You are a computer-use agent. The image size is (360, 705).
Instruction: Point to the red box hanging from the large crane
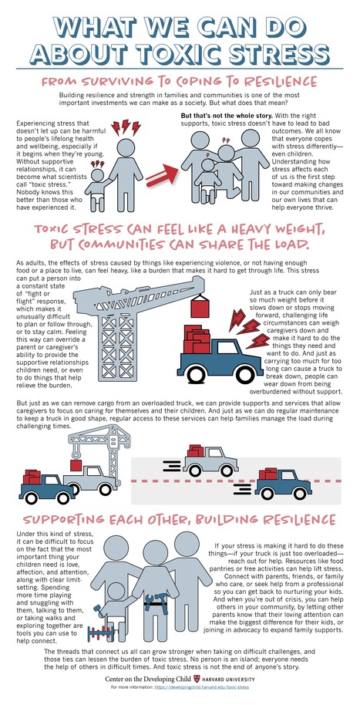point(200,308)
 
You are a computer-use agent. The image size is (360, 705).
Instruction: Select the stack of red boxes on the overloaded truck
point(197,339)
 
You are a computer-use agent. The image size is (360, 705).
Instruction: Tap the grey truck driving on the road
point(210,460)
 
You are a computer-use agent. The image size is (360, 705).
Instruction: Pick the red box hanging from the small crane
point(76,465)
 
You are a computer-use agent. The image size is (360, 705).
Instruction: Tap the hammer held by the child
point(98,610)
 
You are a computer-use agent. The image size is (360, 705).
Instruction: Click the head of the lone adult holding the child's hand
point(126,148)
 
